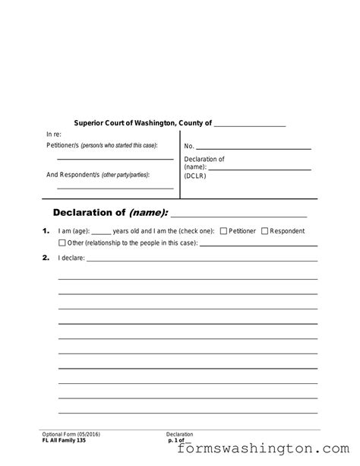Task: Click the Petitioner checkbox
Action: pyautogui.click(x=223, y=231)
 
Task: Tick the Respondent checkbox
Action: pyautogui.click(x=264, y=231)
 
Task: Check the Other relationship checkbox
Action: pyautogui.click(x=62, y=243)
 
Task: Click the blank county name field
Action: pyautogui.click(x=250, y=125)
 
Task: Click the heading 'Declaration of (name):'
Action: pyautogui.click(x=111, y=211)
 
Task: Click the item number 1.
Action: pyautogui.click(x=46, y=231)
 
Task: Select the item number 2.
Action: pyautogui.click(x=46, y=258)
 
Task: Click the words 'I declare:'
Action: pyautogui.click(x=71, y=258)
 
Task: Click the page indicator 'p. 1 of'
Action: pyautogui.click(x=178, y=440)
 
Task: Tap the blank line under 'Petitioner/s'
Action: pyautogui.click(x=115, y=159)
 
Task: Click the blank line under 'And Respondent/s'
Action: pyautogui.click(x=115, y=188)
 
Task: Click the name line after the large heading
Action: pyautogui.click(x=239, y=215)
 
